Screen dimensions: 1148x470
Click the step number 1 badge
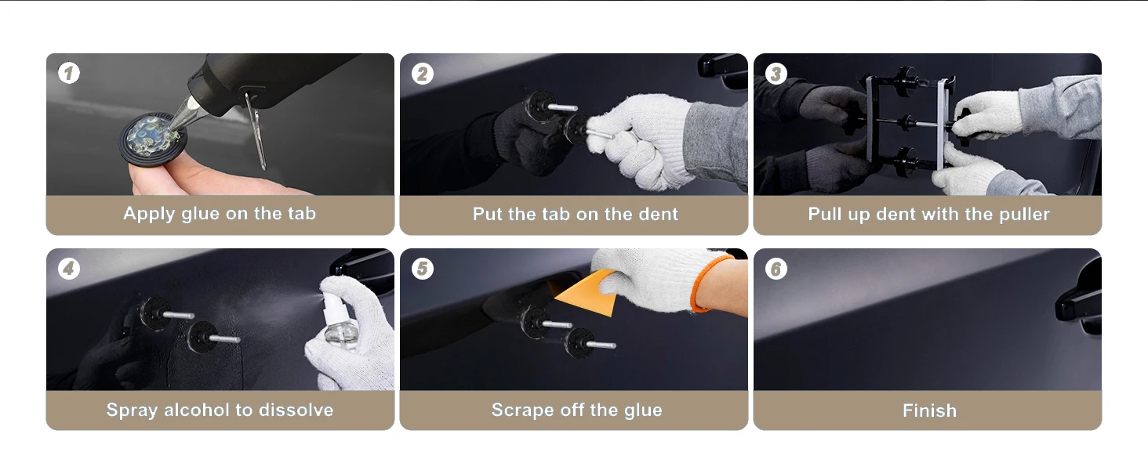pyautogui.click(x=69, y=73)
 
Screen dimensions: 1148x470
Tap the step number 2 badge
pyautogui.click(x=423, y=74)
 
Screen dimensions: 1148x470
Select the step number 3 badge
pyautogui.click(x=776, y=74)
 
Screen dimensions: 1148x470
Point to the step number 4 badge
pyautogui.click(x=69, y=268)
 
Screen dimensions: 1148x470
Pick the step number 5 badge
pyautogui.click(x=423, y=268)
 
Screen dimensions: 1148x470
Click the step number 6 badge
pyautogui.click(x=776, y=269)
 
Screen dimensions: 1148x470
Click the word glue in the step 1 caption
pyautogui.click(x=200, y=214)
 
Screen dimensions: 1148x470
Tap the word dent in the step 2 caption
pyautogui.click(x=658, y=214)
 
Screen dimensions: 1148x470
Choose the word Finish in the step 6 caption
pyautogui.click(x=929, y=410)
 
